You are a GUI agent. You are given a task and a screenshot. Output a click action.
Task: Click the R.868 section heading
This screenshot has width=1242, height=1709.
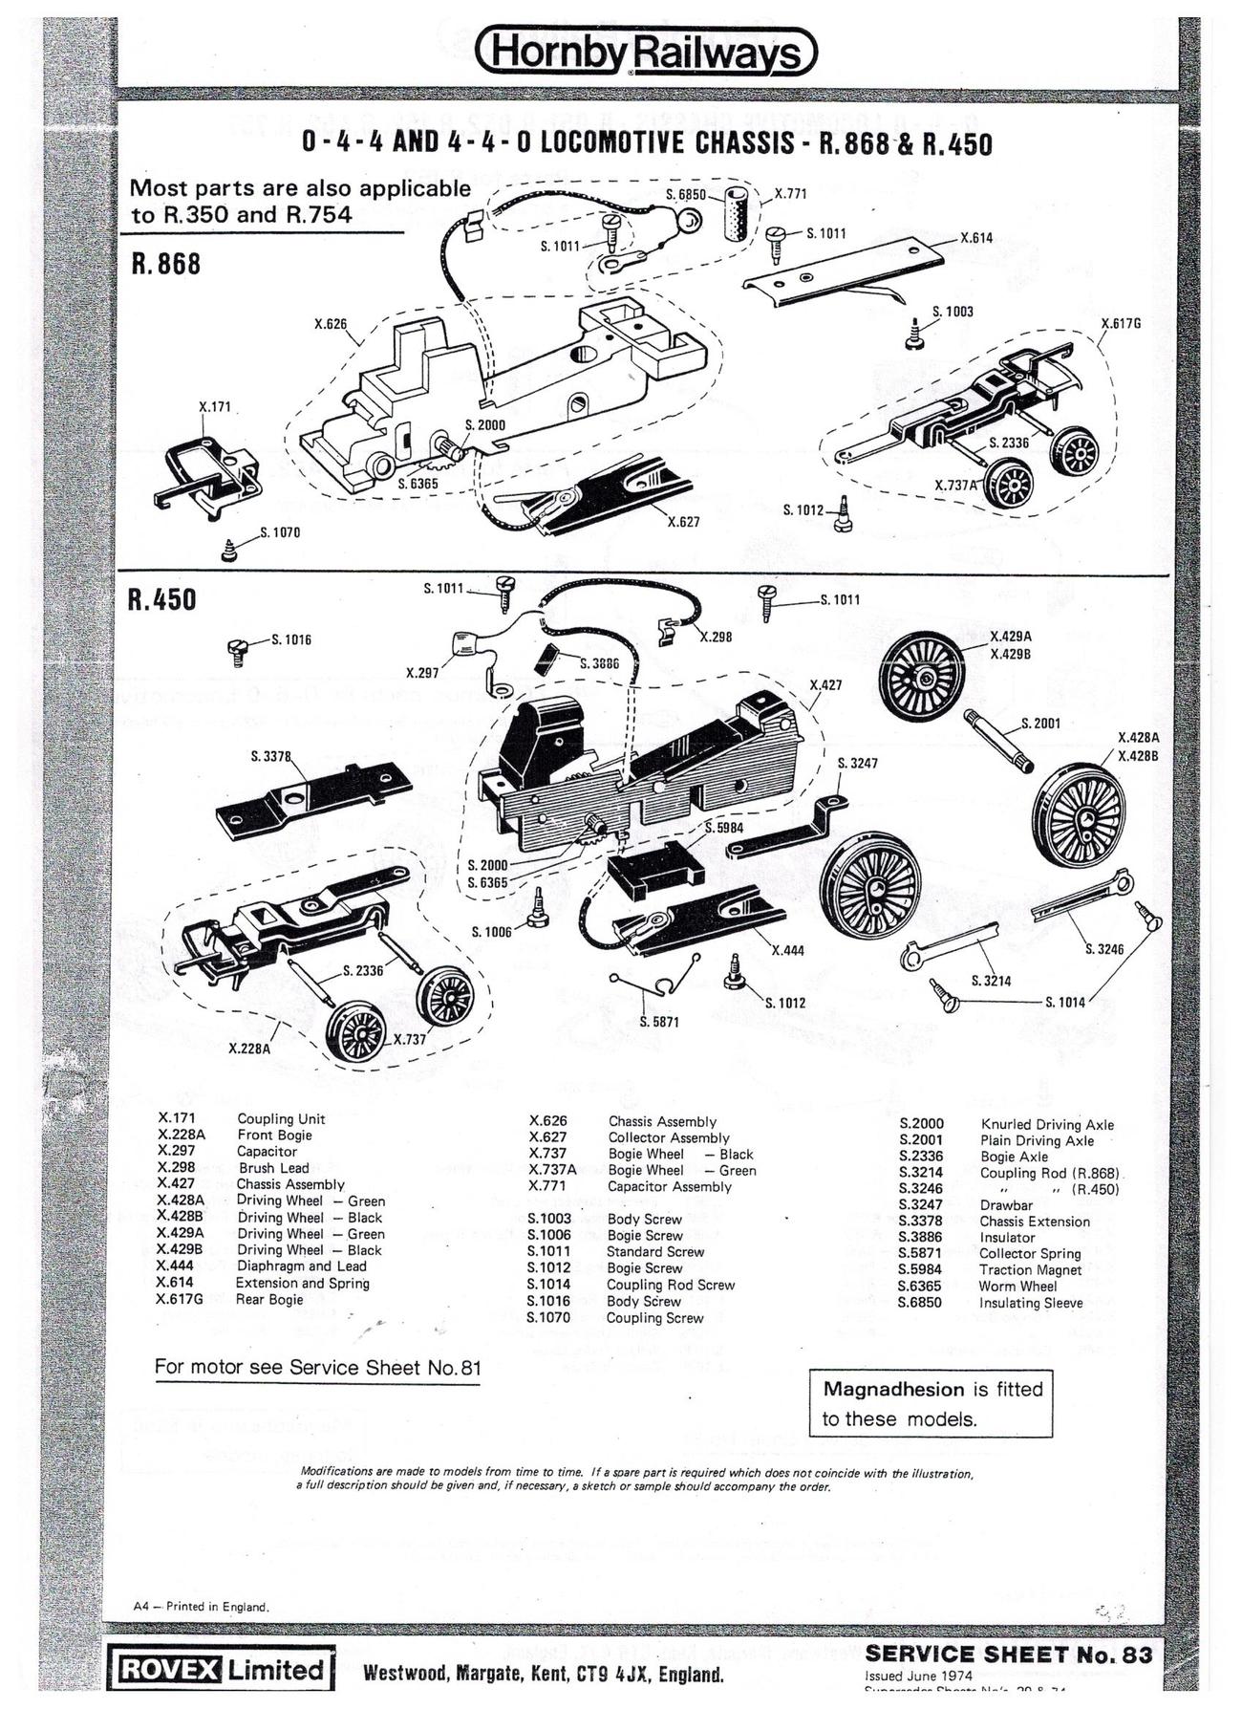point(165,264)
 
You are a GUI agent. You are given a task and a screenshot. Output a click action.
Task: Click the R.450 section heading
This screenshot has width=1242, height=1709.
point(161,600)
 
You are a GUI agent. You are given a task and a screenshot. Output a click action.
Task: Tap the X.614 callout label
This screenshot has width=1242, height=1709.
point(975,238)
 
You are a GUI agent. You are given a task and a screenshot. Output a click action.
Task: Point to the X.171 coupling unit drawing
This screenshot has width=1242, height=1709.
point(205,468)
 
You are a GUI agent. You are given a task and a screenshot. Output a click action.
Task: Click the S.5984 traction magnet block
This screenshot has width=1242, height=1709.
point(654,871)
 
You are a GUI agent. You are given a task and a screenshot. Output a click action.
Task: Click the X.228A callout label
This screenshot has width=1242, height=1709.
point(250,1049)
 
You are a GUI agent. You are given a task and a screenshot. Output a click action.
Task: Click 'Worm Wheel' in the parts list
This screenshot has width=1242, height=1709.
point(1017,1286)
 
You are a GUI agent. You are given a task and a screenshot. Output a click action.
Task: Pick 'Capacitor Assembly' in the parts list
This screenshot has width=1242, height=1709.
point(670,1186)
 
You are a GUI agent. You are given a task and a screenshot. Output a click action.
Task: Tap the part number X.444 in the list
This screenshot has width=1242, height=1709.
point(175,1266)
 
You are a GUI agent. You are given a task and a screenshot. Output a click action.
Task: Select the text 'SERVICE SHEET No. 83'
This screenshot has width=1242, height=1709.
point(1008,1655)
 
